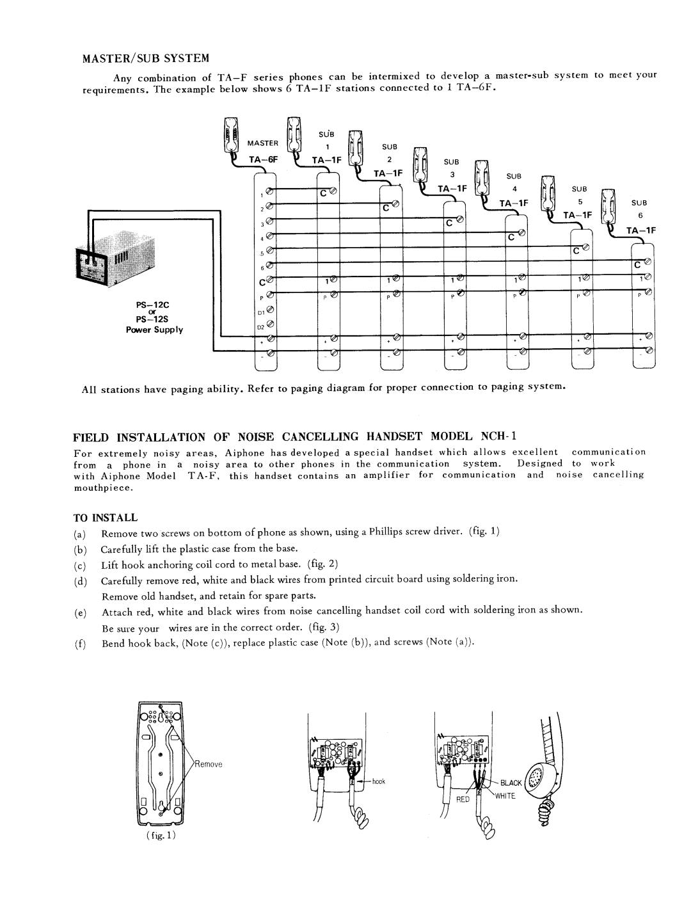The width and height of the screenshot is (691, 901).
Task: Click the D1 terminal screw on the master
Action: click(270, 312)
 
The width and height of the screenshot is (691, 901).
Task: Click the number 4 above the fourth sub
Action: click(514, 189)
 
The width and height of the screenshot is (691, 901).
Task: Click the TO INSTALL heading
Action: click(111, 516)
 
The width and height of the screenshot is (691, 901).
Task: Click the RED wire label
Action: click(464, 799)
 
